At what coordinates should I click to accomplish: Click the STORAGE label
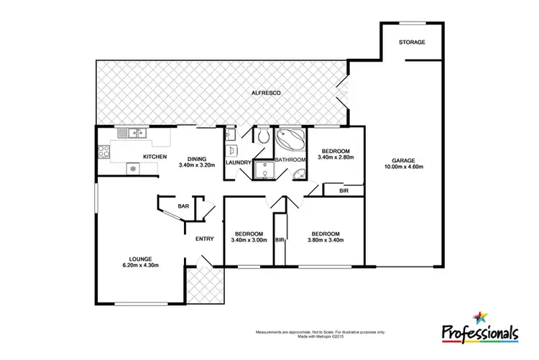(x=412, y=42)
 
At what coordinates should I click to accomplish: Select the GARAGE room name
(x=405, y=161)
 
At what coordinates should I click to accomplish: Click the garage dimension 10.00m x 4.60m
(x=405, y=169)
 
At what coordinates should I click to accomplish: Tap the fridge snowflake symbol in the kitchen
(x=132, y=168)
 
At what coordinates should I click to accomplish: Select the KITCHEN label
(x=155, y=157)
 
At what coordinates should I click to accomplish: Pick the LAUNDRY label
(x=239, y=163)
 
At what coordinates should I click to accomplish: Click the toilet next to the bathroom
(x=264, y=135)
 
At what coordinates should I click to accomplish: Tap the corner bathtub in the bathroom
(x=291, y=137)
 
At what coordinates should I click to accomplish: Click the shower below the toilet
(x=264, y=170)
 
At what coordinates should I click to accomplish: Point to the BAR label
(x=183, y=206)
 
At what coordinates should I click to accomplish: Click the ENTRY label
(x=205, y=239)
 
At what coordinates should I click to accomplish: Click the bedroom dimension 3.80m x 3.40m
(x=326, y=241)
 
